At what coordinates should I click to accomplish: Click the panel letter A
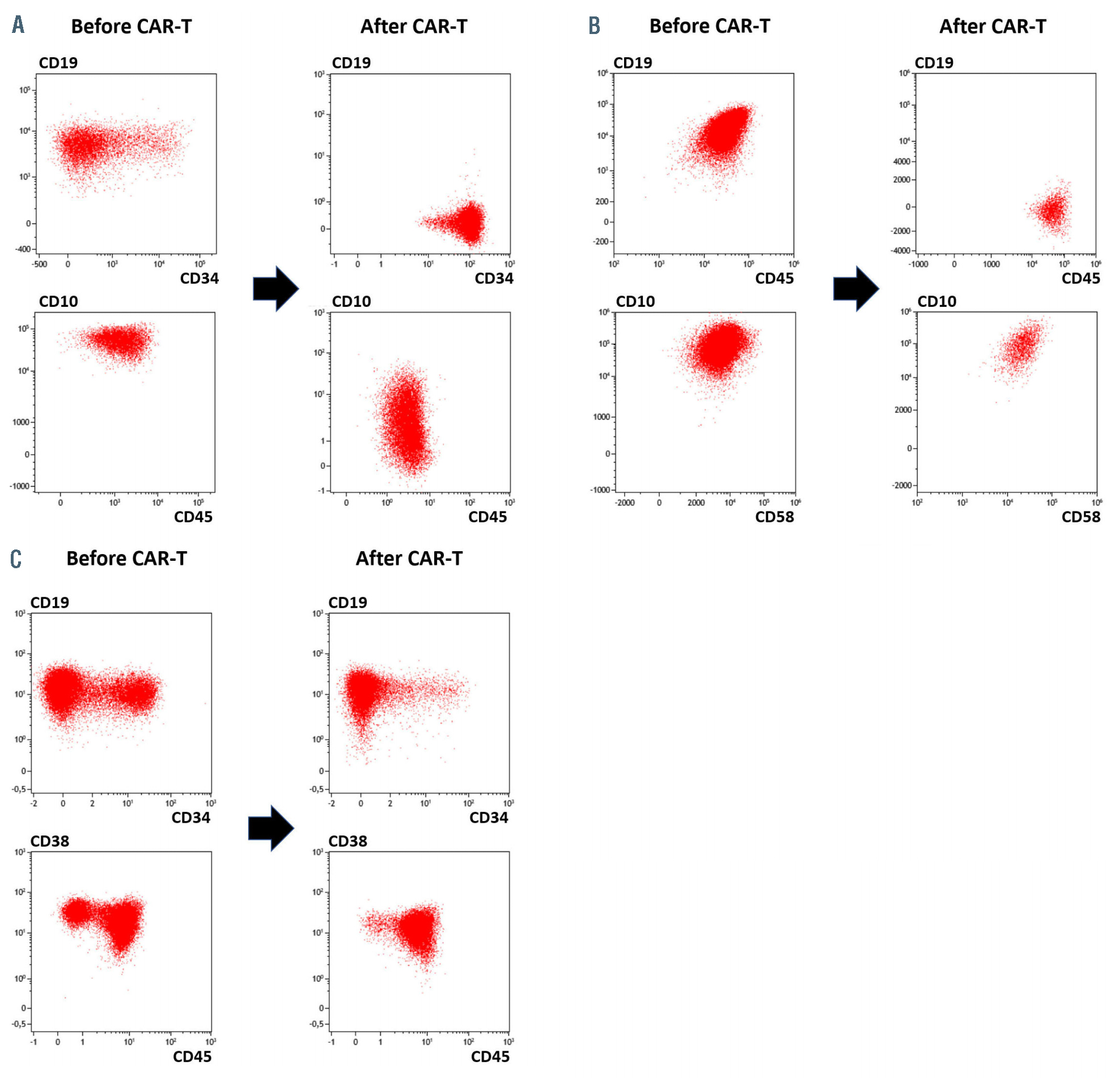coord(18,25)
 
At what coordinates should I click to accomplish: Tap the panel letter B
coord(593,25)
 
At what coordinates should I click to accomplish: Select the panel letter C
coord(16,559)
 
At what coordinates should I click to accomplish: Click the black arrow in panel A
coord(275,289)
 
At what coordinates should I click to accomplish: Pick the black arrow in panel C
coord(271,828)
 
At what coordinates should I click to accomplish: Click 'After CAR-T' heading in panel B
coord(993,26)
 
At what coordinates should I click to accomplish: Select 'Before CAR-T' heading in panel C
coord(126,559)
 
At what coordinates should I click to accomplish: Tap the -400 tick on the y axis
coord(23,250)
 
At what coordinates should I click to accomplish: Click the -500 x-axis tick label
coord(40,264)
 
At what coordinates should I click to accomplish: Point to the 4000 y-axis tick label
coord(901,162)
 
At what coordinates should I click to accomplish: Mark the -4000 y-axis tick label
coord(900,251)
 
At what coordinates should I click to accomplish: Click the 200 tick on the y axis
coord(601,201)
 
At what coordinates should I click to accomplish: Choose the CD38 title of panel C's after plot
coord(347,841)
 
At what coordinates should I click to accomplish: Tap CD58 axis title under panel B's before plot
coord(774,517)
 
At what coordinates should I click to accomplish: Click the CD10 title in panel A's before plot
coord(58,301)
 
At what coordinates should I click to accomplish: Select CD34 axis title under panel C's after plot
coord(489,818)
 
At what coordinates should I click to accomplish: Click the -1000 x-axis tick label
coord(918,264)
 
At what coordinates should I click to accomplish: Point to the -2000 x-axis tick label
coord(625,503)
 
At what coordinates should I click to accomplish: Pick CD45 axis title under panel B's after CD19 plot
coord(1080,278)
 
